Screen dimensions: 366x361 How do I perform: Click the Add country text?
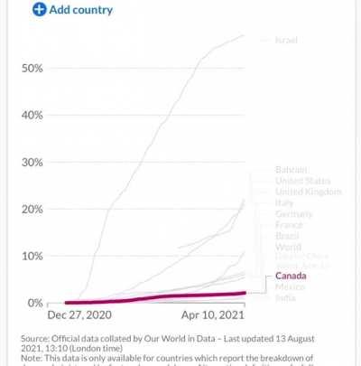coord(81,10)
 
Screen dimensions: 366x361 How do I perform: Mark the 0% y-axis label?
coord(34,303)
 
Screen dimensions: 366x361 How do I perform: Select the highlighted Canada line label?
coord(292,276)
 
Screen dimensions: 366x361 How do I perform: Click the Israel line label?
coord(286,41)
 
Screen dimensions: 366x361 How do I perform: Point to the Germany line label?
coord(294,214)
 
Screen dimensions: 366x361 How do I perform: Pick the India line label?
coord(286,297)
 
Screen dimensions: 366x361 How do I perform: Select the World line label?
coord(288,247)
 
